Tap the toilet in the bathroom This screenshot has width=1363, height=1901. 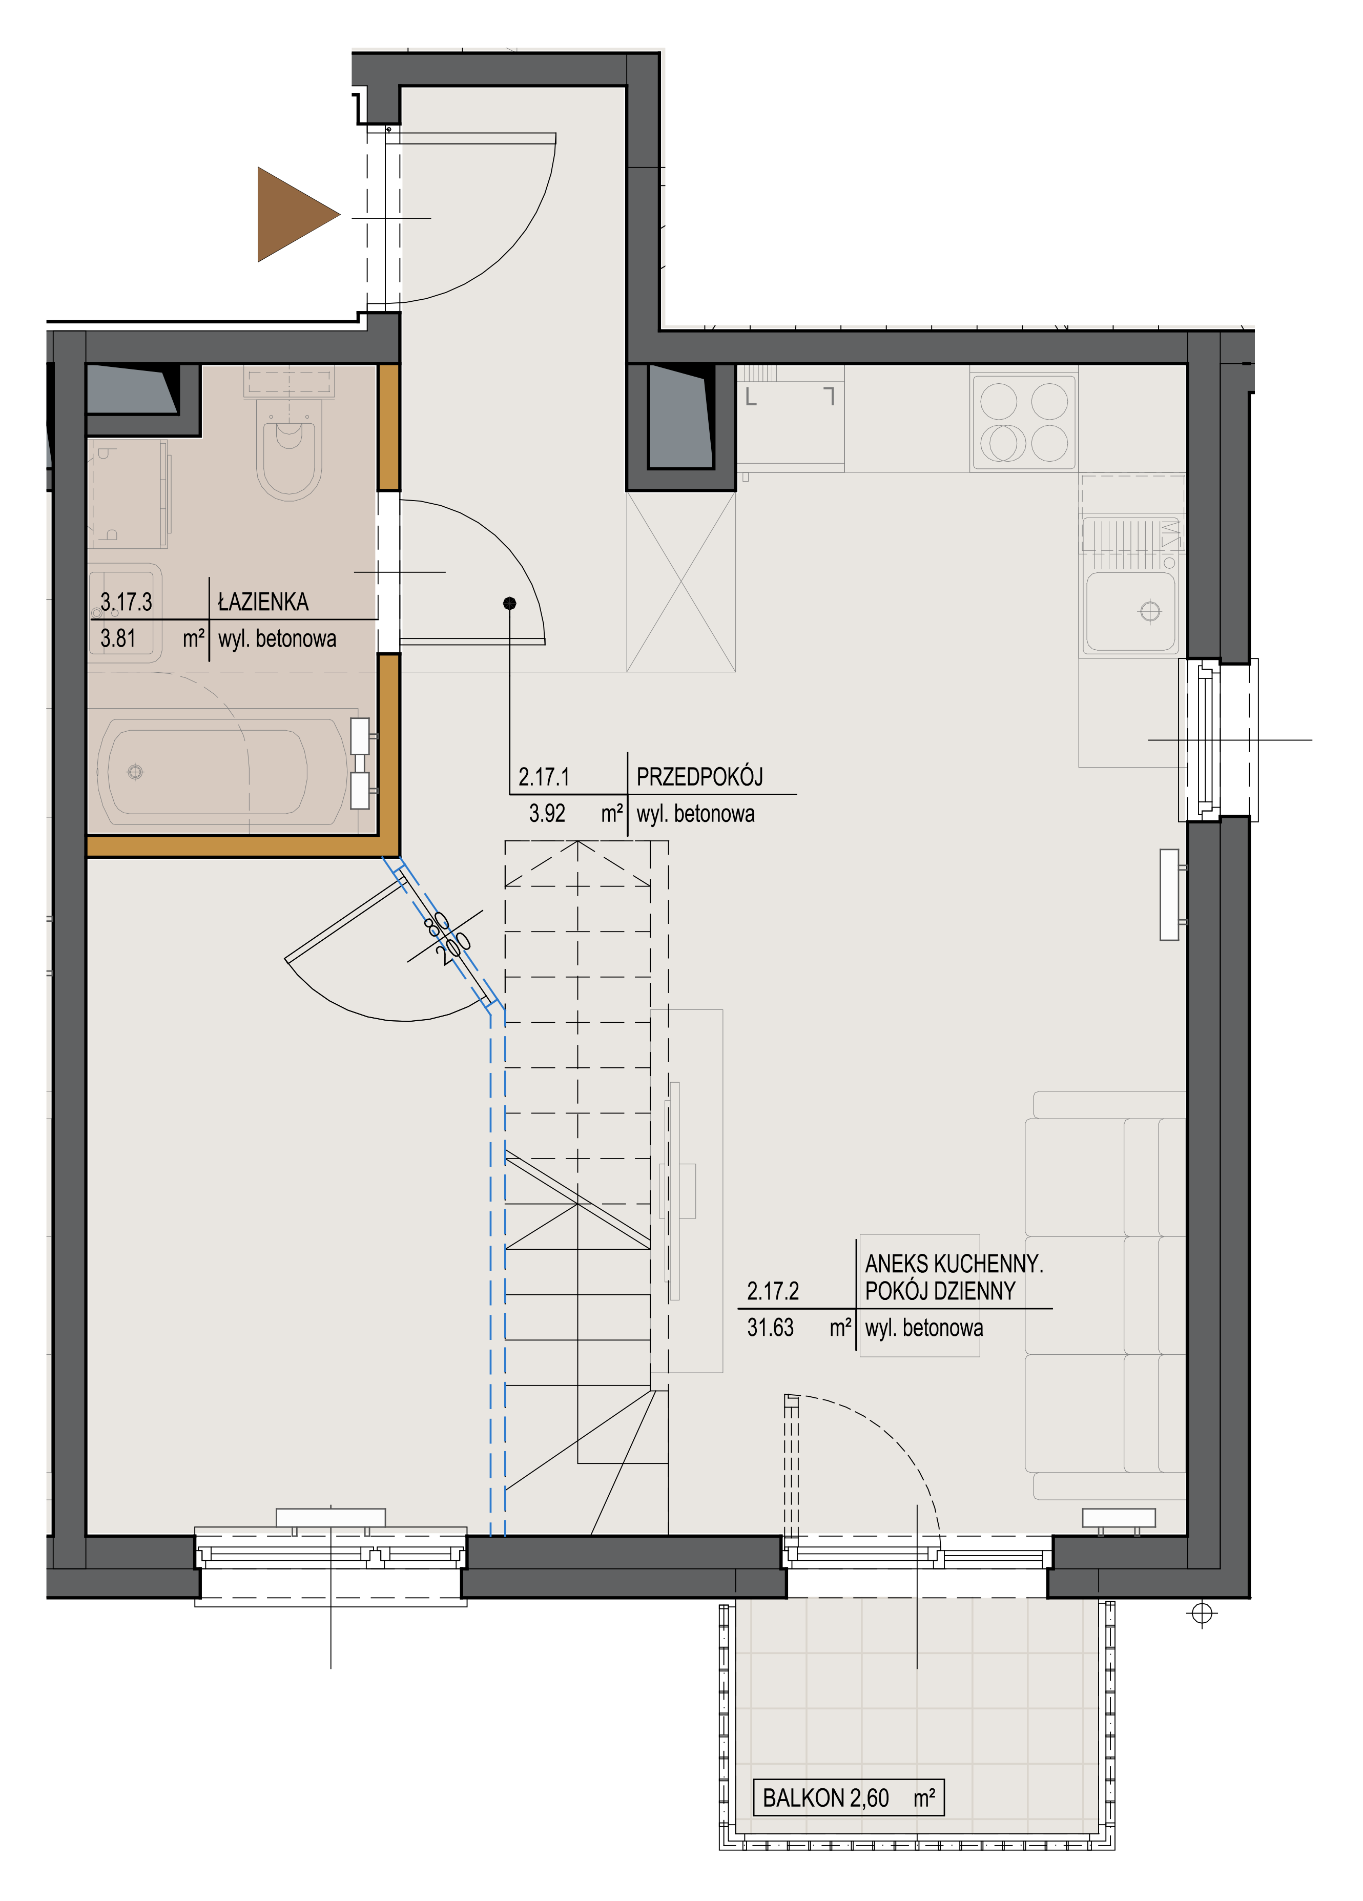(x=289, y=444)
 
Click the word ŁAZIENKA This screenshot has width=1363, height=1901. (x=263, y=602)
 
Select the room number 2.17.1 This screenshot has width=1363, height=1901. (x=544, y=777)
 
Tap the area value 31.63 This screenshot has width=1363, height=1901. (x=770, y=1328)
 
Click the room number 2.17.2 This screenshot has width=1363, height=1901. (x=773, y=1291)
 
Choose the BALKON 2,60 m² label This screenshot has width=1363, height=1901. (x=849, y=1797)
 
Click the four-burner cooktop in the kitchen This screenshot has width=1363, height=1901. (x=1023, y=422)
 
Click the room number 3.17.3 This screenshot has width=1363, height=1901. (x=127, y=602)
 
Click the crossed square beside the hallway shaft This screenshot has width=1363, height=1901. (x=680, y=582)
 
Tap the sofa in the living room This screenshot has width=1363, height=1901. (x=1105, y=1294)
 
